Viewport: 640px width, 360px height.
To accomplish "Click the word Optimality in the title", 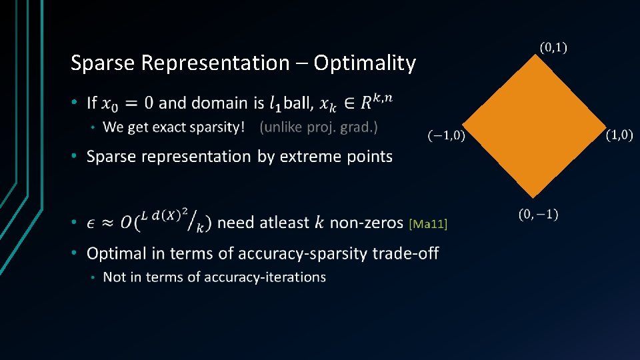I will [365, 63].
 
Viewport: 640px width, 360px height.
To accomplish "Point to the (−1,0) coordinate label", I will [446, 136].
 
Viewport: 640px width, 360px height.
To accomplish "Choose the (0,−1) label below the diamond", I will [539, 214].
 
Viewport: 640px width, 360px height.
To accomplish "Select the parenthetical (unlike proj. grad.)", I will [319, 127].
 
